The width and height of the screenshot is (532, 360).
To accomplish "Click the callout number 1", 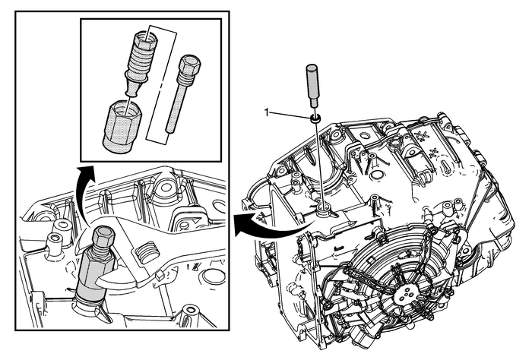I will (266, 112).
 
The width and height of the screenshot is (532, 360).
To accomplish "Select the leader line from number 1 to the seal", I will (289, 115).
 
